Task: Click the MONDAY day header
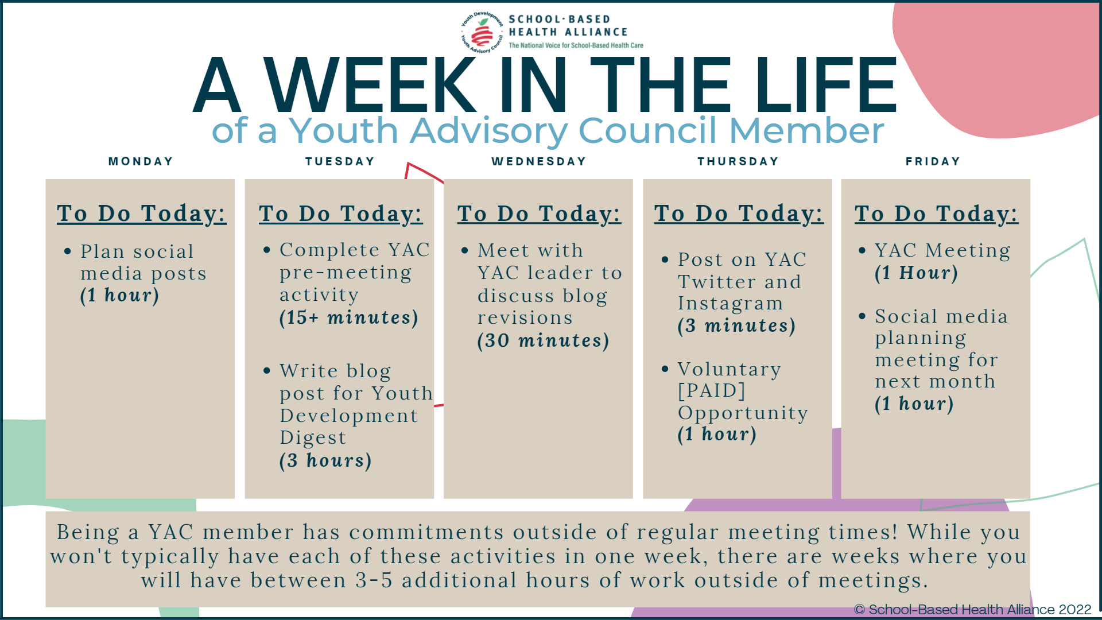141,161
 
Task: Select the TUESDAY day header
340,161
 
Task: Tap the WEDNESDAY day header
539,161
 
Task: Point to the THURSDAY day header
738,161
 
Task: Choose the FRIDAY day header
933,161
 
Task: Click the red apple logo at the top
482,34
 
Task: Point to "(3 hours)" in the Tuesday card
325,460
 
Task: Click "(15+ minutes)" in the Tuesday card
349,317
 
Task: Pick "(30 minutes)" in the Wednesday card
543,340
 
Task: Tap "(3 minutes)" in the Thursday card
736,325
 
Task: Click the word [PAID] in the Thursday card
712,390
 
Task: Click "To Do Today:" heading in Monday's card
141,214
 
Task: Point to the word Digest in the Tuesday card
313,438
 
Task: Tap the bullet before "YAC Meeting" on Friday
862,250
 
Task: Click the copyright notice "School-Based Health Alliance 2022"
980,609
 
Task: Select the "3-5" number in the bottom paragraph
374,580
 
